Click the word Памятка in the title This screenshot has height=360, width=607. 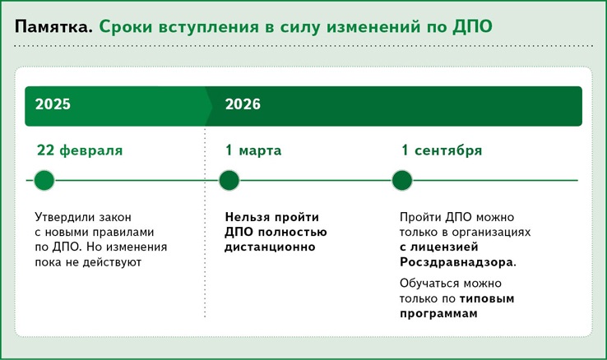tap(53, 26)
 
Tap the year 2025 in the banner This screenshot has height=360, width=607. tap(53, 104)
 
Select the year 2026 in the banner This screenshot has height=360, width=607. tap(243, 104)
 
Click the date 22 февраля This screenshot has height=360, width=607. tap(80, 150)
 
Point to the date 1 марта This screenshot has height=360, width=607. tap(253, 150)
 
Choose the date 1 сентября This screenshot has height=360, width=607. tap(442, 150)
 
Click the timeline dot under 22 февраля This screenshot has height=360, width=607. tap(44, 180)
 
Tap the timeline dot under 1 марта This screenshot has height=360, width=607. tap(229, 180)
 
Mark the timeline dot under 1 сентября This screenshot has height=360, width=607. tap(402, 180)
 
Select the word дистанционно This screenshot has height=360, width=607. tap(271, 247)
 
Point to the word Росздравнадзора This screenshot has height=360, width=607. tap(456, 262)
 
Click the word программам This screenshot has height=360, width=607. tap(438, 314)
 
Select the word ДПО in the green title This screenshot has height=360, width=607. tap(473, 26)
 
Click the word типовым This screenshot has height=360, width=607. tap(487, 298)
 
